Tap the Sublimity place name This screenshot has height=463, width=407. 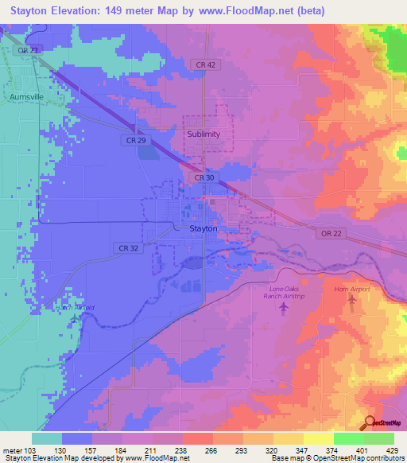click(x=203, y=134)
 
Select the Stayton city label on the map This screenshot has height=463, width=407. click(x=203, y=228)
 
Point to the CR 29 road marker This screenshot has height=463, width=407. click(x=135, y=140)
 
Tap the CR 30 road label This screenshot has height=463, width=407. click(x=203, y=178)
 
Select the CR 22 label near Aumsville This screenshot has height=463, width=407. click(x=29, y=49)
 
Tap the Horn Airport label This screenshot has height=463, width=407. click(x=351, y=290)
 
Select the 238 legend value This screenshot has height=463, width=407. click(x=183, y=450)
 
